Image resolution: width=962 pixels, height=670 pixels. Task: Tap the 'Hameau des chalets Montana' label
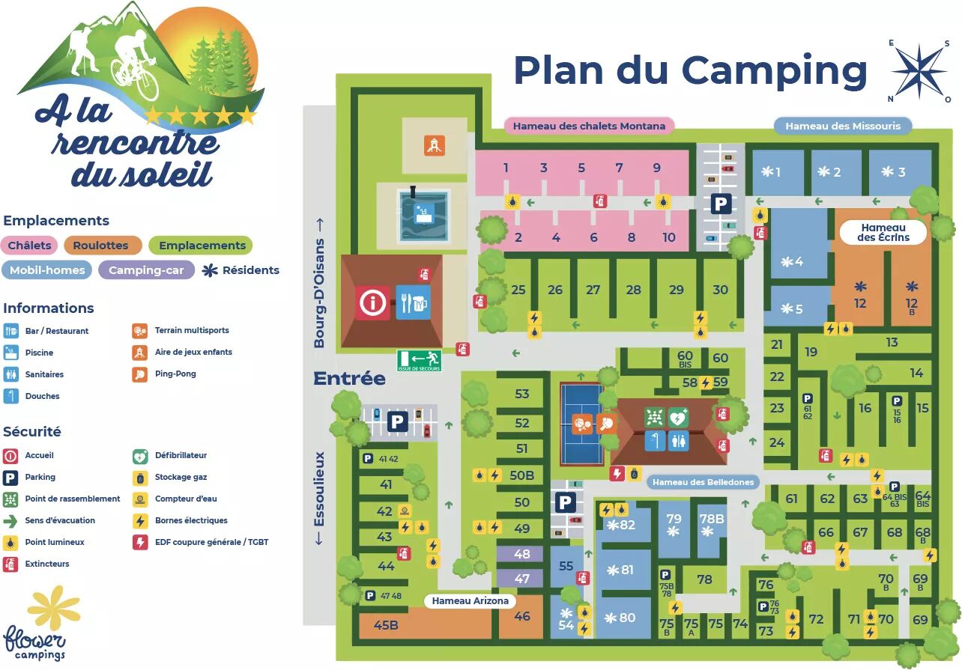pyautogui.click(x=589, y=126)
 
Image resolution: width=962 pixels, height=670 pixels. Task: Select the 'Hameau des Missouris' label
pyautogui.click(x=842, y=126)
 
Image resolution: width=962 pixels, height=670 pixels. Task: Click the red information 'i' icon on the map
pyautogui.click(x=372, y=303)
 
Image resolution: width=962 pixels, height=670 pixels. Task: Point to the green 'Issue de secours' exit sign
pyautogui.click(x=420, y=361)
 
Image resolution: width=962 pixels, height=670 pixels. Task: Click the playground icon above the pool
pyautogui.click(x=433, y=145)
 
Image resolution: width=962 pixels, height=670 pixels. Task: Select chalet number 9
pyautogui.click(x=657, y=168)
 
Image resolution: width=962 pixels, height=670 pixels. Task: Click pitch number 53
pyautogui.click(x=521, y=394)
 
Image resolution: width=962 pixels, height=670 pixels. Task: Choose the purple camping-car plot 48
pyautogui.click(x=522, y=555)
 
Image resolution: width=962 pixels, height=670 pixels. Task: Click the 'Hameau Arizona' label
pyautogui.click(x=471, y=600)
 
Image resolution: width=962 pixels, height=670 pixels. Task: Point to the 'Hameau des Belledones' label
pyautogui.click(x=702, y=482)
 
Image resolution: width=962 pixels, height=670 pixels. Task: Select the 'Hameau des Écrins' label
pyautogui.click(x=883, y=232)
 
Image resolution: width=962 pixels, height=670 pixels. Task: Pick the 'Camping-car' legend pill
pyautogui.click(x=146, y=270)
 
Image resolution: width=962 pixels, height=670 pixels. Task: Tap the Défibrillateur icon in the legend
pyautogui.click(x=139, y=455)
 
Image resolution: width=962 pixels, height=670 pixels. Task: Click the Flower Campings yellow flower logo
pyautogui.click(x=52, y=606)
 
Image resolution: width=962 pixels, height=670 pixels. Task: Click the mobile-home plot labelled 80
pyautogui.click(x=623, y=618)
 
